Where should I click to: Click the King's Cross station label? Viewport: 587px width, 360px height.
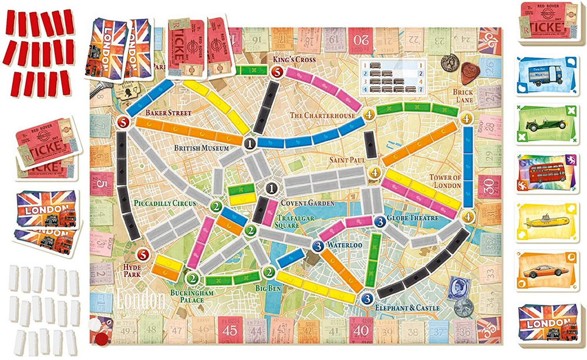(294, 60)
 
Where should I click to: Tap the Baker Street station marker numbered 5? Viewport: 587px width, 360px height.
(123, 122)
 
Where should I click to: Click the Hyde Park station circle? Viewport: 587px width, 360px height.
(142, 255)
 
